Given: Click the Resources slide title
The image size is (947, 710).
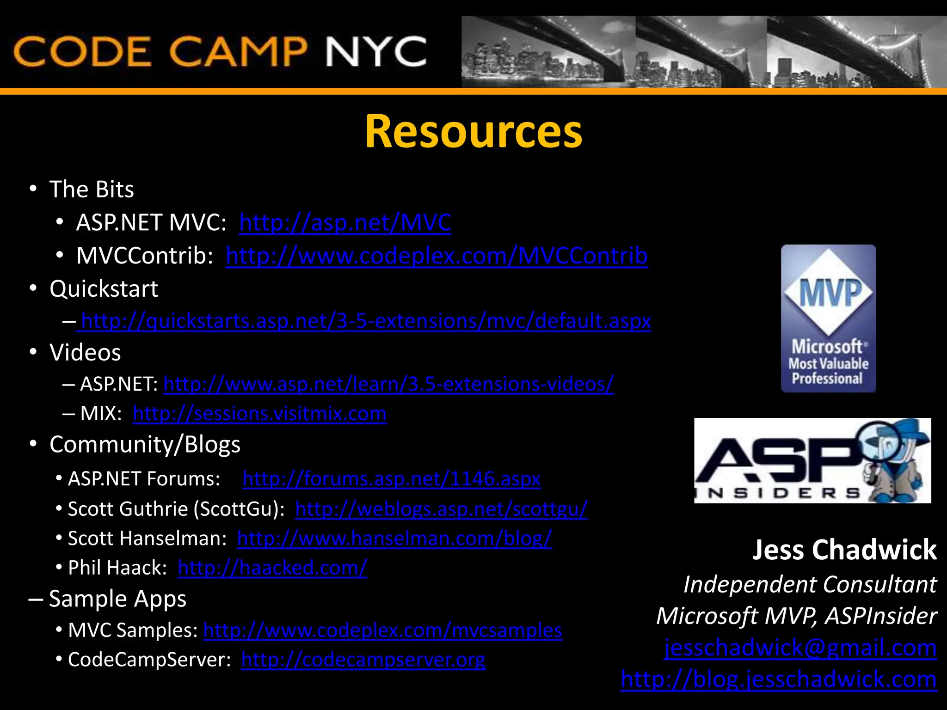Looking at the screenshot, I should (x=473, y=132).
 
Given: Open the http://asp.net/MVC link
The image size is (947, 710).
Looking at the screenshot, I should (x=345, y=223).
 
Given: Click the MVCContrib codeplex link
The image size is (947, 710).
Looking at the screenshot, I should (x=437, y=256).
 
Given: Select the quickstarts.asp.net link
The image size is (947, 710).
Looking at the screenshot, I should (x=366, y=321).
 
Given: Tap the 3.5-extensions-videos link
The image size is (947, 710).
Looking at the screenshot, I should (x=388, y=384).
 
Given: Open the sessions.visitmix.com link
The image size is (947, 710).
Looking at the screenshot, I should (x=259, y=414).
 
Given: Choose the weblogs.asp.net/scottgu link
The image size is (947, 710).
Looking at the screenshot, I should (x=441, y=509).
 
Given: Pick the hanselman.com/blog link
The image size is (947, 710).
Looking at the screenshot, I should (x=394, y=539).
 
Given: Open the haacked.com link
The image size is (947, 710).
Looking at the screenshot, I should (x=272, y=568).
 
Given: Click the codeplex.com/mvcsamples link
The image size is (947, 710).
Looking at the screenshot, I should (x=382, y=630).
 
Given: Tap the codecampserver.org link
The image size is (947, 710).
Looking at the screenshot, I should (x=363, y=660).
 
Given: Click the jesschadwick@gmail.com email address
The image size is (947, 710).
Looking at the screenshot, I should (x=800, y=648).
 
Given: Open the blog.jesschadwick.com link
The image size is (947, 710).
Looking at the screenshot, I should (x=779, y=679).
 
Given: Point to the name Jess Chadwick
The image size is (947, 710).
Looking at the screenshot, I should (x=844, y=550).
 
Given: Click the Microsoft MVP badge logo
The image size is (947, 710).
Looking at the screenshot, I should (x=828, y=318).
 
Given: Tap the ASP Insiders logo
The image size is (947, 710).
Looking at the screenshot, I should (x=812, y=460).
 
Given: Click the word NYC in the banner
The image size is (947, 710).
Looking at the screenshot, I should (x=376, y=52).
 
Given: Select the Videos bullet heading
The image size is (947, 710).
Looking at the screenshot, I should (x=85, y=353).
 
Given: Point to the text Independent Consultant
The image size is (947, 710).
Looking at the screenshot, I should (x=810, y=585).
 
